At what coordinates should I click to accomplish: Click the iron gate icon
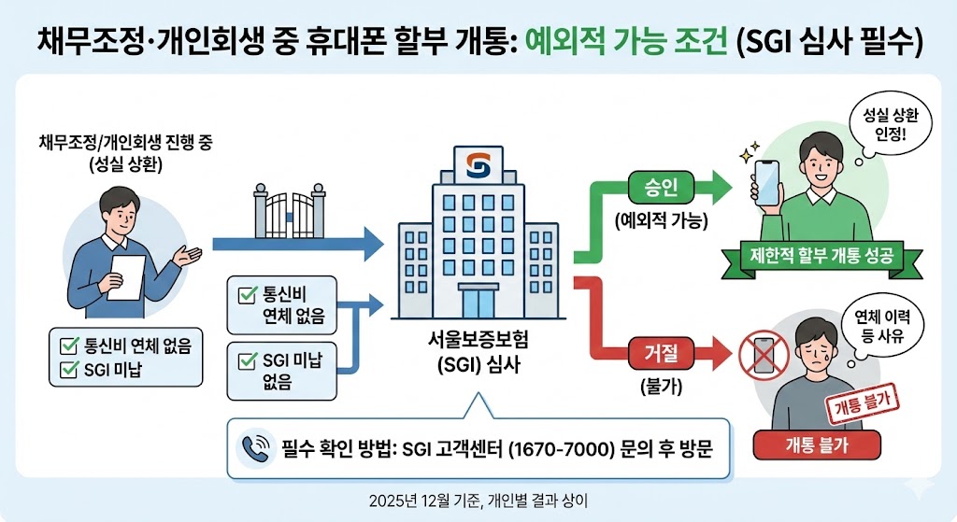click(289, 212)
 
